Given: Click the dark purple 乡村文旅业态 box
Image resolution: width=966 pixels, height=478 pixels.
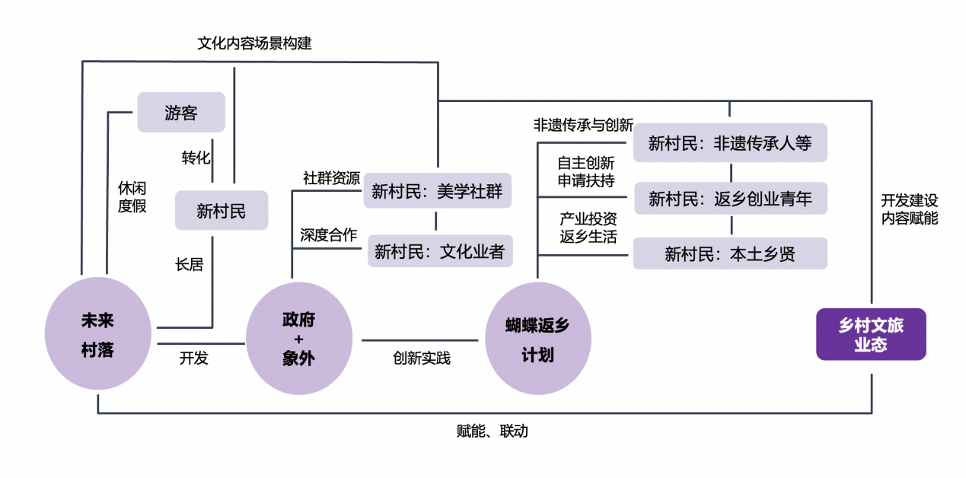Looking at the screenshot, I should [871, 334].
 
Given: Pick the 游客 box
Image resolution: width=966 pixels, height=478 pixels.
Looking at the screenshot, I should [181, 113].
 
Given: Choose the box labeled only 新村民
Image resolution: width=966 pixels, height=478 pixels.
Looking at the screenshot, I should [222, 210].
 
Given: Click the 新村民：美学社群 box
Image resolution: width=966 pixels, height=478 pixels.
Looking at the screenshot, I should [437, 190].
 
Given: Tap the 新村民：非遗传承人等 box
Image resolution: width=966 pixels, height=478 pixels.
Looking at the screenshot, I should [729, 142].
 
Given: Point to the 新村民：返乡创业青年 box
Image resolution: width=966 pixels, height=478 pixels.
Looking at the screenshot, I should [729, 199].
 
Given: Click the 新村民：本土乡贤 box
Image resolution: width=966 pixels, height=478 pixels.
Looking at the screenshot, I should [729, 253].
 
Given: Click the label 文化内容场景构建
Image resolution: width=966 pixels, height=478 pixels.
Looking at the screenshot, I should [254, 43].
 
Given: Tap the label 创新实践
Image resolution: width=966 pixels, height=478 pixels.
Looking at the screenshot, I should [422, 358].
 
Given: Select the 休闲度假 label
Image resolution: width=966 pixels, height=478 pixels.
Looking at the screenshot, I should [132, 196].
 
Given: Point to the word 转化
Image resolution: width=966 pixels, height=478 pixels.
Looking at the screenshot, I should [196, 158].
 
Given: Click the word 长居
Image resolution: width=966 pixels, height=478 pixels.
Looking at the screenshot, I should [189, 265].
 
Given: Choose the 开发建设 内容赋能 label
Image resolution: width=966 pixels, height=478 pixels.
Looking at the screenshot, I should [910, 209].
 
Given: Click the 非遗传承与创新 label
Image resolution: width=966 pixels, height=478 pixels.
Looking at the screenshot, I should [583, 125].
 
